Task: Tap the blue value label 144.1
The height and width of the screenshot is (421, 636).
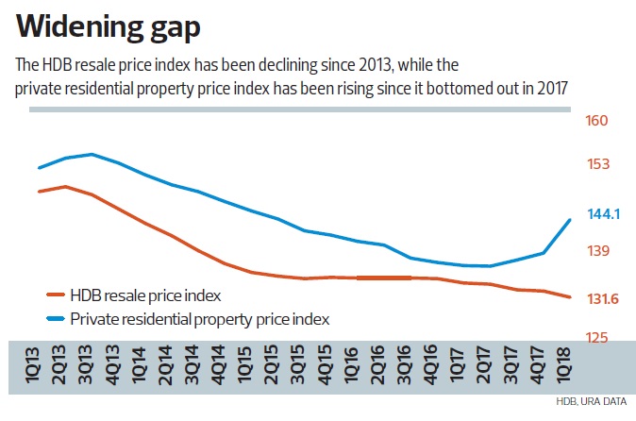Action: coord(603,214)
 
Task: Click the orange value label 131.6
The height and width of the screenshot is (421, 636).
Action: coord(603,299)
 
